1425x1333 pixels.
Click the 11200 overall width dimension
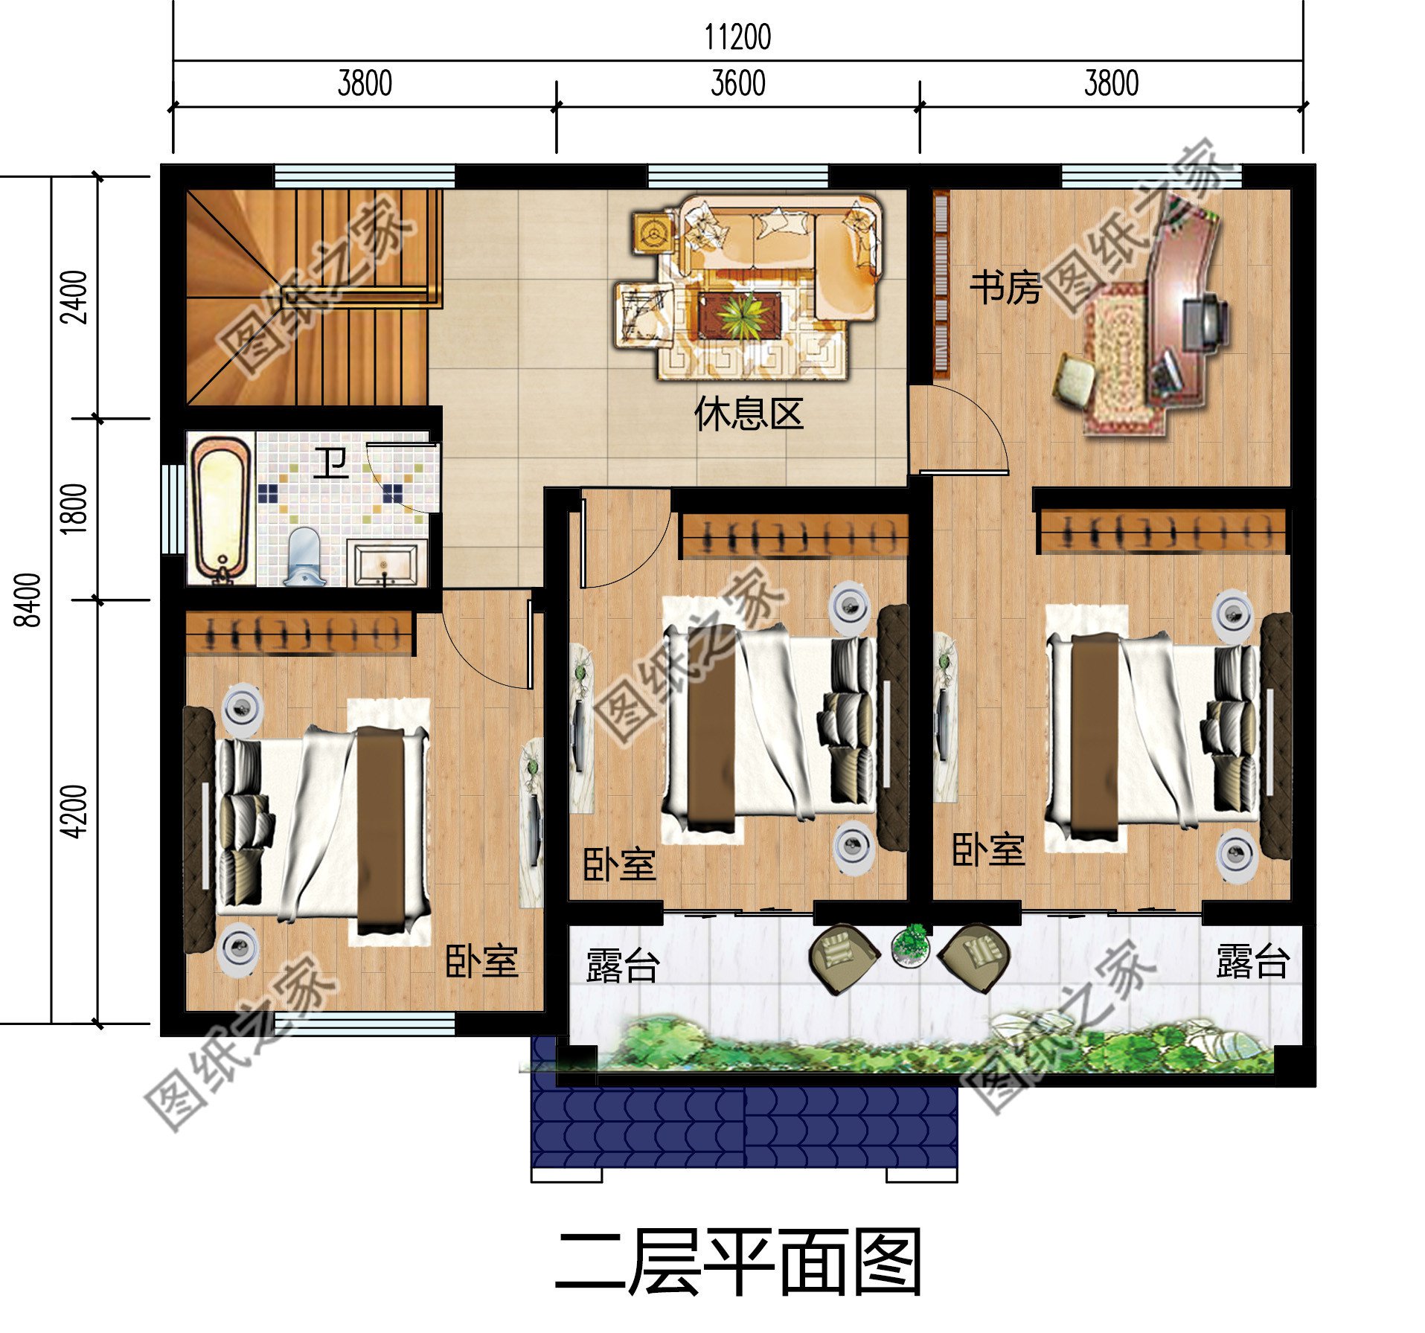coord(737,37)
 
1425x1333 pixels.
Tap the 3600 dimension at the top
coord(737,83)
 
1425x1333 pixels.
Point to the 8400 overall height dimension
coord(29,600)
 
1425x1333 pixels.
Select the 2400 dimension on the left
coord(75,297)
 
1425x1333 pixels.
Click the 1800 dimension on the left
coord(75,508)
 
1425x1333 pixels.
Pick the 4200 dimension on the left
coord(75,811)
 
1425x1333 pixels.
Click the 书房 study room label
coord(1005,288)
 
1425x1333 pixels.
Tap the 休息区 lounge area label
coord(749,414)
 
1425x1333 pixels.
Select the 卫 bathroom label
coord(330,463)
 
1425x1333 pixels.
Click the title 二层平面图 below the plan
coord(737,1262)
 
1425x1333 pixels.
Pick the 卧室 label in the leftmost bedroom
coord(481,961)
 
